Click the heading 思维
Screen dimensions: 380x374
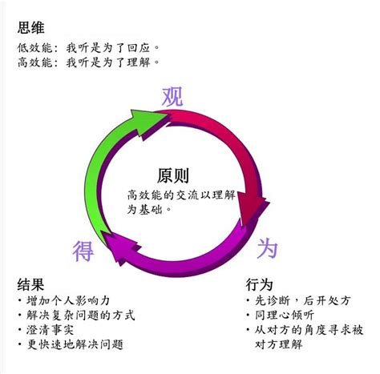click(x=30, y=27)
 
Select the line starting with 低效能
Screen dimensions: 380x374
click(x=88, y=48)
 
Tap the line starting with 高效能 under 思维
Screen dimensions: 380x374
click(x=88, y=62)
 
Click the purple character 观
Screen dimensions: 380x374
click(x=172, y=97)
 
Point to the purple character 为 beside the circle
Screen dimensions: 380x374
click(x=267, y=248)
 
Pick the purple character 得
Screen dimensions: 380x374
click(x=83, y=251)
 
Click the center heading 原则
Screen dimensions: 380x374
click(x=173, y=175)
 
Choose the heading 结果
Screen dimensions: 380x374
click(x=30, y=284)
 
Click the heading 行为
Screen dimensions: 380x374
click(x=259, y=284)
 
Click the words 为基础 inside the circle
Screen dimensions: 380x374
click(x=144, y=209)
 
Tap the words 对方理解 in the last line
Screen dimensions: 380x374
click(x=278, y=344)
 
